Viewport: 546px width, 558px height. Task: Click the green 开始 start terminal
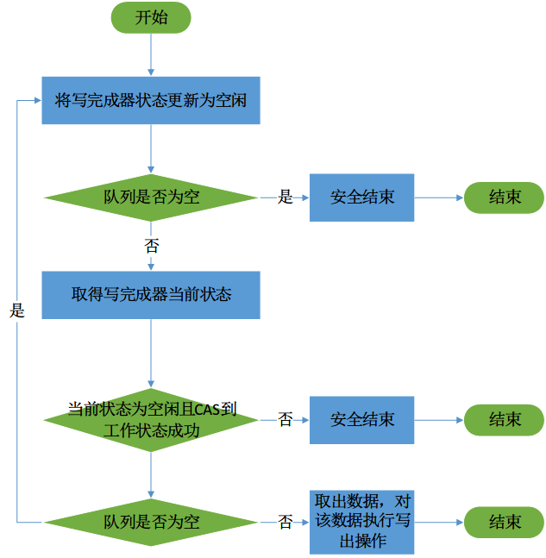[x=151, y=18]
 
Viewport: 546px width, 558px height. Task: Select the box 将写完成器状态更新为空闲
[x=151, y=100]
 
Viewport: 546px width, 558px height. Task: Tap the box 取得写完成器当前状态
[x=151, y=294]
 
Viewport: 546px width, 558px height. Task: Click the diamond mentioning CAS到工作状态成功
[x=151, y=419]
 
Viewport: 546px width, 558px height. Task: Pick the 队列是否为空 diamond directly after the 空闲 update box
[x=151, y=197]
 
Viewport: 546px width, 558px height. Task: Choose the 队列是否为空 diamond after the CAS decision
[x=151, y=522]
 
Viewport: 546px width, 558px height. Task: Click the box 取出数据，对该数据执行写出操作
[x=361, y=522]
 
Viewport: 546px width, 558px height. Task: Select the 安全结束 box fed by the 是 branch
[x=361, y=197]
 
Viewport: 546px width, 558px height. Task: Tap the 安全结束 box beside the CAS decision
[x=361, y=419]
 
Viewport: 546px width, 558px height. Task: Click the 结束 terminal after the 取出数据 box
[x=505, y=522]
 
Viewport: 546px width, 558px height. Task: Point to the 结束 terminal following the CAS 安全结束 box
[x=505, y=419]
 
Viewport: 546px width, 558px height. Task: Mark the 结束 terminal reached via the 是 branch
[x=505, y=197]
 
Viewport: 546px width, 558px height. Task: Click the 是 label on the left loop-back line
[x=17, y=311]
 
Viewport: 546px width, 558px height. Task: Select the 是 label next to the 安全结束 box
[x=285, y=197]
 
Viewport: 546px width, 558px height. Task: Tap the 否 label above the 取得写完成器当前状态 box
[x=151, y=245]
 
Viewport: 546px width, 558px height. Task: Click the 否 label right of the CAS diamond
[x=285, y=420]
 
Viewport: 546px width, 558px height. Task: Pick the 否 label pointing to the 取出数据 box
[x=285, y=522]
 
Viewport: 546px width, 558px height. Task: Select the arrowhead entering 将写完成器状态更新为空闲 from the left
[x=37, y=100]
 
